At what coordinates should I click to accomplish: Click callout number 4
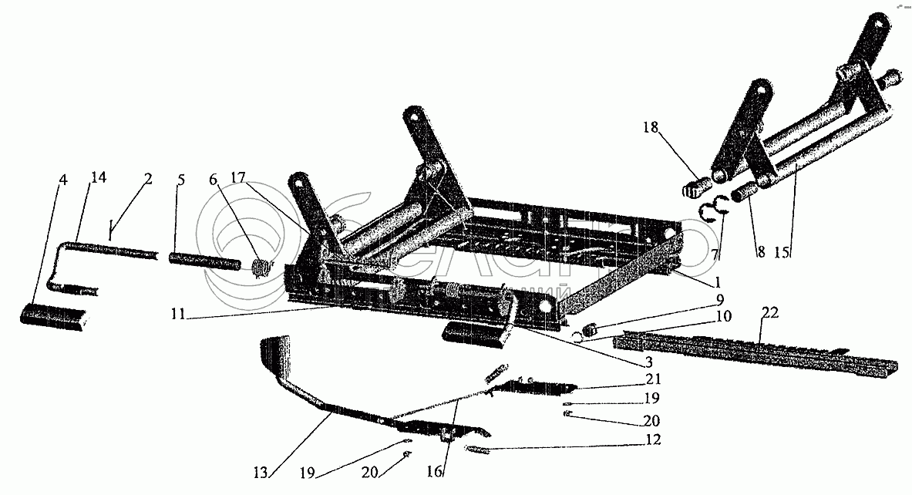(64, 181)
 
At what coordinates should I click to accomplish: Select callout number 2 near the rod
(146, 179)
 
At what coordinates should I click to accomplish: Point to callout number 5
(180, 181)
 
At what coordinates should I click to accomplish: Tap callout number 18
(652, 128)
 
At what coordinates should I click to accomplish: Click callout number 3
(649, 361)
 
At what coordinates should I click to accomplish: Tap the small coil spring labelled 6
(262, 267)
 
